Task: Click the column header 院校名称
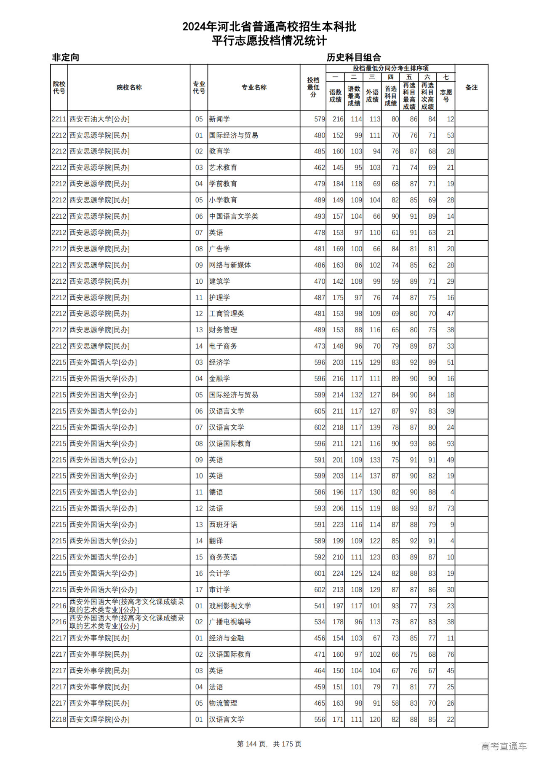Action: pos(129,88)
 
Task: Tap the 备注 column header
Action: pos(471,88)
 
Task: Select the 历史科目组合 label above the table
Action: pos(354,57)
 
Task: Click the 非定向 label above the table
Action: pos(66,57)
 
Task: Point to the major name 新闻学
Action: pos(219,119)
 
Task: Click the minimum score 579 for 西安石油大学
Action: pos(319,119)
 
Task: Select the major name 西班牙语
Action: pos(223,525)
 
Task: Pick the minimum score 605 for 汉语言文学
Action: pos(319,411)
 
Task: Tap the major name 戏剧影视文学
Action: pos(230,606)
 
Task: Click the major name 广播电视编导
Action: pos(230,622)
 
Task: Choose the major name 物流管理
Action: pos(223,703)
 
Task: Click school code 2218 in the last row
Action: pos(59,720)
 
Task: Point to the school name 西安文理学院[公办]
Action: pos(99,720)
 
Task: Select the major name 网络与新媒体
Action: pos(230,265)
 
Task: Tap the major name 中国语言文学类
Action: pos(233,216)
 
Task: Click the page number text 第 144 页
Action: pos(252,744)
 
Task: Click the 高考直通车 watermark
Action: pos(504,746)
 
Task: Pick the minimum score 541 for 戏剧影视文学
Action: pos(319,606)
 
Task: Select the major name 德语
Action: pos(216,492)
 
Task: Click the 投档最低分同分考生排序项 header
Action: pos(390,68)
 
